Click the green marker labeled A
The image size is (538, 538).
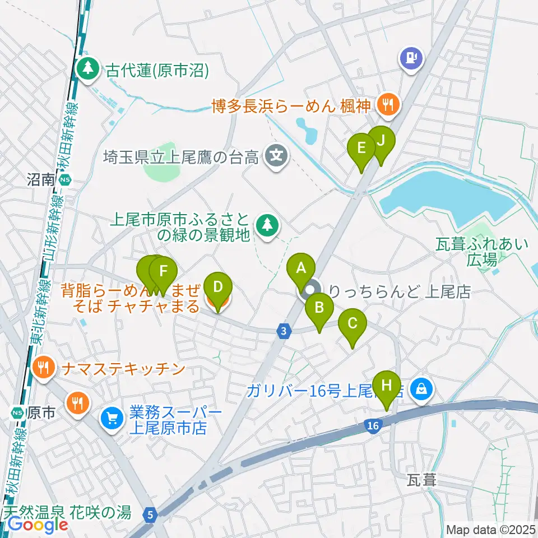301,268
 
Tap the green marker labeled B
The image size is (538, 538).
319,308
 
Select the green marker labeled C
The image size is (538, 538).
353,323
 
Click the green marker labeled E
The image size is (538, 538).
361,148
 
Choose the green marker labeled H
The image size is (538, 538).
386,386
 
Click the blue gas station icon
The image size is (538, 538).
412,57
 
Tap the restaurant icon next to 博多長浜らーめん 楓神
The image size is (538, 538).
387,104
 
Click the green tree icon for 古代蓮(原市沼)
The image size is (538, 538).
87,69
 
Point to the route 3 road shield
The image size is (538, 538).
285,331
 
